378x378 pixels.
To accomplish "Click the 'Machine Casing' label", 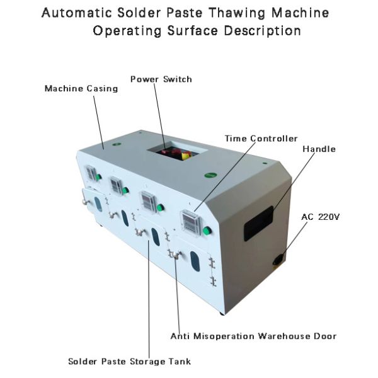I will pos(81,89).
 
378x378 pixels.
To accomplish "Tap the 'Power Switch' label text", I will pos(161,79).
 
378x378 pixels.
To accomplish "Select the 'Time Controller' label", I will pos(261,139).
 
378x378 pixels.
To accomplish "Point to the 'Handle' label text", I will pos(319,149).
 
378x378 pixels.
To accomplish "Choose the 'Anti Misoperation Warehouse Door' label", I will pos(253,336).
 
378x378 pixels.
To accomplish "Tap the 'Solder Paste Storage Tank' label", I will pos(129,362).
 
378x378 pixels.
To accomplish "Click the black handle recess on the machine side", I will pos(259,222).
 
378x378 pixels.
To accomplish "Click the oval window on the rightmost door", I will pos(195,261).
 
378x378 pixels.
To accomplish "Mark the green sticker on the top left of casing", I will pos(116,144).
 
